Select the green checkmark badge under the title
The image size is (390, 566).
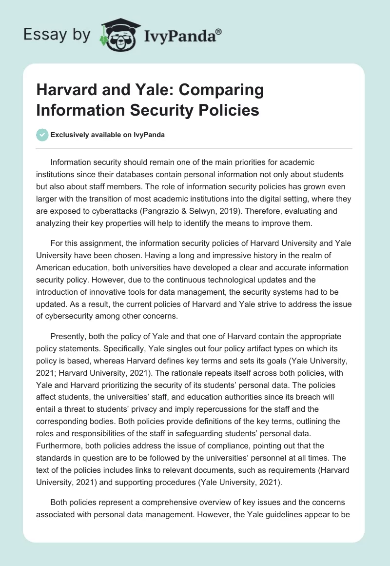point(42,135)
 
